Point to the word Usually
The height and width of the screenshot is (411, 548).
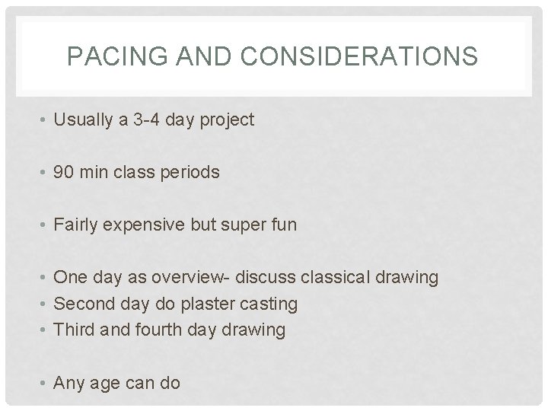(79, 120)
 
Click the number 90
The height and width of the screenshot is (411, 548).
(63, 172)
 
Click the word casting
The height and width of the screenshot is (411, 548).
(269, 304)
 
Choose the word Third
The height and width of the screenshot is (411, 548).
(72, 330)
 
